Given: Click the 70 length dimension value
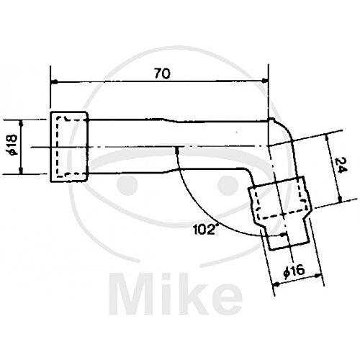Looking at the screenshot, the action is tap(162, 73).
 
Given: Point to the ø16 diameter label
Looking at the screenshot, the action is tap(294, 271).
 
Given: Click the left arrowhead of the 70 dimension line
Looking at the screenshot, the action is tap(55, 82).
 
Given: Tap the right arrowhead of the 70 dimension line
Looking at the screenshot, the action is tap(264, 80).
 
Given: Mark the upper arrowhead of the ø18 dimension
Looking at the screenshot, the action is tap(21, 123).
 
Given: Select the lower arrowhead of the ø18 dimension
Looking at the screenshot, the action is tap(21, 171).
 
